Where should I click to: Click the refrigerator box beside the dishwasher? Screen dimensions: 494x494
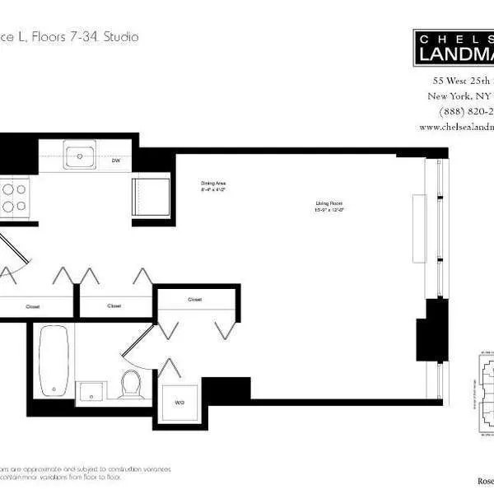pyautogui.click(x=150, y=197)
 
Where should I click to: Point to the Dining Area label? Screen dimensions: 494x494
pyautogui.click(x=212, y=187)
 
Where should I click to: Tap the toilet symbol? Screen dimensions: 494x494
pyautogui.click(x=131, y=383)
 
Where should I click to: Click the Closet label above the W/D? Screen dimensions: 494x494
pyautogui.click(x=195, y=300)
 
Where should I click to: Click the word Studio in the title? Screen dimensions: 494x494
pyautogui.click(x=119, y=37)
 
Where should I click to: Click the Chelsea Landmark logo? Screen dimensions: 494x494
pyautogui.click(x=453, y=47)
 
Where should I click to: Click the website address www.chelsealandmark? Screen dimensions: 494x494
pyautogui.click(x=456, y=128)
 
